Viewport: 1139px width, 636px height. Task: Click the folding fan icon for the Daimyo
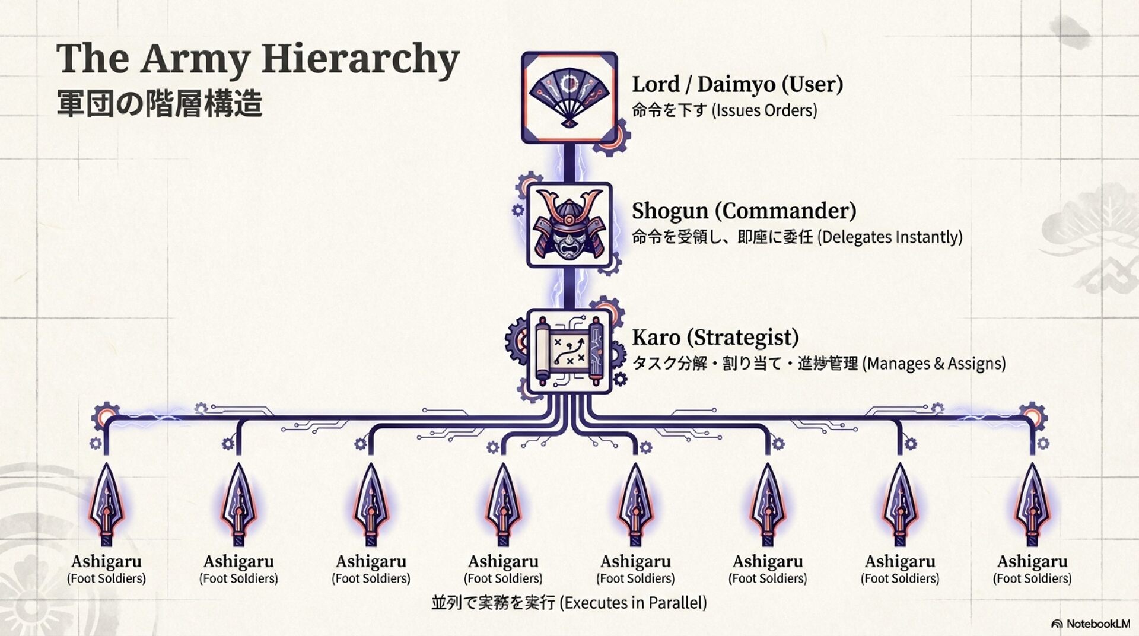coord(569,97)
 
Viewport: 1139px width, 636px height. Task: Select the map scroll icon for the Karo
coord(569,351)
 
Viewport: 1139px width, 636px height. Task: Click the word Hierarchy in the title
coord(360,59)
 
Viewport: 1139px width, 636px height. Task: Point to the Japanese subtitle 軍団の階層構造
coord(159,104)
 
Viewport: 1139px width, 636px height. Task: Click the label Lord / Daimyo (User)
coord(737,84)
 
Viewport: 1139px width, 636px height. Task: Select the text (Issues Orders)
coord(765,110)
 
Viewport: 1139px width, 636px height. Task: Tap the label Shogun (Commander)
coord(743,211)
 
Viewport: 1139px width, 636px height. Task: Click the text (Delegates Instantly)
coord(890,237)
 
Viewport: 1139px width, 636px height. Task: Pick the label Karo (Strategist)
coord(715,337)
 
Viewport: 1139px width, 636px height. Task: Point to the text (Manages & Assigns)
coord(934,363)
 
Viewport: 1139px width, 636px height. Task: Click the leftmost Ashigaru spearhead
coord(106,504)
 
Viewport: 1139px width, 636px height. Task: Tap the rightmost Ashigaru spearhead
coord(1032,504)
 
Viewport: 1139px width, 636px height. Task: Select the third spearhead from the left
coord(371,504)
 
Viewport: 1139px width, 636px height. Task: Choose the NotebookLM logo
coord(1090,624)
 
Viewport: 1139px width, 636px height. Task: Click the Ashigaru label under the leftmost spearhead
coord(106,561)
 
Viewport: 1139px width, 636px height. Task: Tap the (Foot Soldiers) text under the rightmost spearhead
coord(1032,578)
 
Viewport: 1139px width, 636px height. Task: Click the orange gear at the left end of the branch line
coord(106,416)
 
